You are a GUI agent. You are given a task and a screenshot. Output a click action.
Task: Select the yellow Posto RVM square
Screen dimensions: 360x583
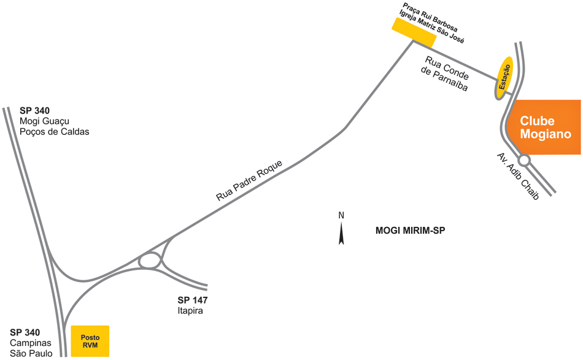[x=90, y=341]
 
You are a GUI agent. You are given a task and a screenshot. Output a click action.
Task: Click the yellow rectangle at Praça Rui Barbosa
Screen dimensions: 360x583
[x=414, y=32]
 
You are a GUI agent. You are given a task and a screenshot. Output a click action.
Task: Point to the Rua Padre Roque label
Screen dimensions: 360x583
[x=249, y=181]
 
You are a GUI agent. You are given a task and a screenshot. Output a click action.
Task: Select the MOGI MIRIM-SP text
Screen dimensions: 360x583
[x=409, y=232]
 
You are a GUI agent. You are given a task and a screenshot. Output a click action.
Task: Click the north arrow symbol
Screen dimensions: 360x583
[x=341, y=233]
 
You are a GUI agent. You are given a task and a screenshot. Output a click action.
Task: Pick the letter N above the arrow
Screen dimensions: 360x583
[x=341, y=215]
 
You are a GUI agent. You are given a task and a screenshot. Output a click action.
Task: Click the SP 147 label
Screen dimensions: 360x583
[x=193, y=301]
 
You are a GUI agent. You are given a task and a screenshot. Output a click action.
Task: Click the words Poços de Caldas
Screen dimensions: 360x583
[x=55, y=132]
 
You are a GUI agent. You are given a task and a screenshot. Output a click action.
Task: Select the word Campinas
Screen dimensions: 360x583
[x=31, y=343]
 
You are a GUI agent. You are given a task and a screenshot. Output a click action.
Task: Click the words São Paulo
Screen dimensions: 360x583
[x=31, y=353]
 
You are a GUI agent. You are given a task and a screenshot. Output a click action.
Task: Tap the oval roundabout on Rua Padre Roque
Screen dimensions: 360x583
[x=149, y=261]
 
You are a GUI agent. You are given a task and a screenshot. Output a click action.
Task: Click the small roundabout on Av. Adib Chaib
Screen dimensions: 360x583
[x=525, y=159]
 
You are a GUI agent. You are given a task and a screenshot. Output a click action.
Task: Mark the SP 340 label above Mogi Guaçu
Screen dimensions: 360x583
[x=34, y=111]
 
